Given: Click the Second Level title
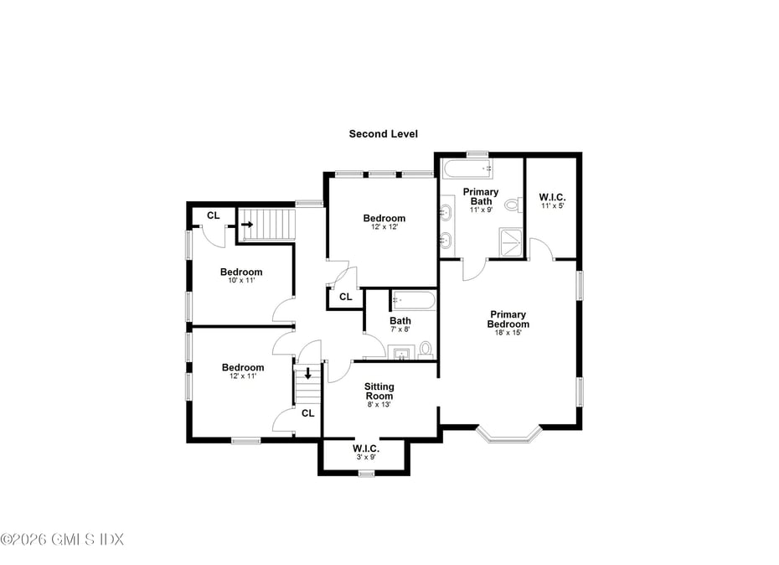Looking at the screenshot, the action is (383, 134).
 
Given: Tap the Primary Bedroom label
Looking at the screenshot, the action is (508, 319).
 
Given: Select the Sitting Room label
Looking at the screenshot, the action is (379, 391).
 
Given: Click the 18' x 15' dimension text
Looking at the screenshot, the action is (508, 333).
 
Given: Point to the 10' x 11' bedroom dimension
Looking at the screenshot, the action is (241, 281).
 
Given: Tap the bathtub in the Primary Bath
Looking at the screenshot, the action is (467, 169).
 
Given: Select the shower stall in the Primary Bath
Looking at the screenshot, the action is (511, 243).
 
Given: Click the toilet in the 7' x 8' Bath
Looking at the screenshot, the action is (426, 350).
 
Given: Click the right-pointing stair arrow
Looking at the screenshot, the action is (247, 225).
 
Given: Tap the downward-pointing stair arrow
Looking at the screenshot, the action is (308, 373).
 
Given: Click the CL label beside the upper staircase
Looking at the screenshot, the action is (213, 215).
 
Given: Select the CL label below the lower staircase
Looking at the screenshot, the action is (308, 413).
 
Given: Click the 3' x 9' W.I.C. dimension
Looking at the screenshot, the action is (366, 457).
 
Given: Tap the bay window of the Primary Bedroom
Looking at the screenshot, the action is (508, 435).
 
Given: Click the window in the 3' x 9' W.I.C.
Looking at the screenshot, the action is (366, 474).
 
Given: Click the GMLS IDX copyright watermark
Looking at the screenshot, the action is (62, 539).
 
